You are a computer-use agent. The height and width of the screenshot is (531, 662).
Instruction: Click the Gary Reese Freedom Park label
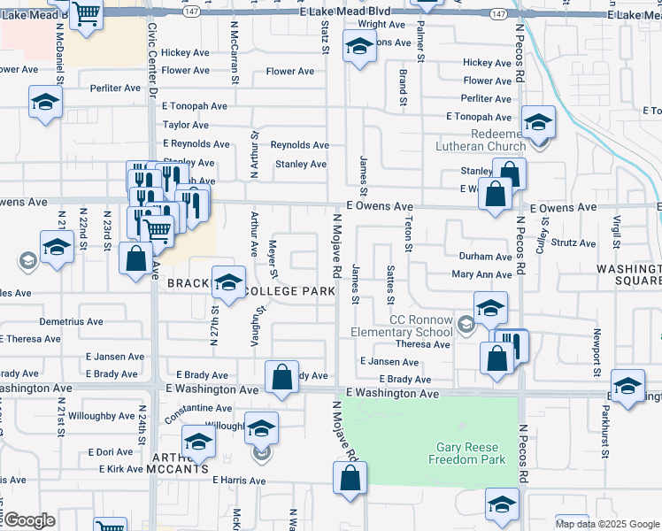[x=466, y=453]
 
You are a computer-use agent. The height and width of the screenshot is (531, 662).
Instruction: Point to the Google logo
[x=28, y=520]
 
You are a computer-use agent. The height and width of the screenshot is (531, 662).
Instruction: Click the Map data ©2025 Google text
[x=607, y=524]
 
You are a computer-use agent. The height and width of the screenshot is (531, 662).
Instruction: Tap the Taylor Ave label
[x=185, y=126]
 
